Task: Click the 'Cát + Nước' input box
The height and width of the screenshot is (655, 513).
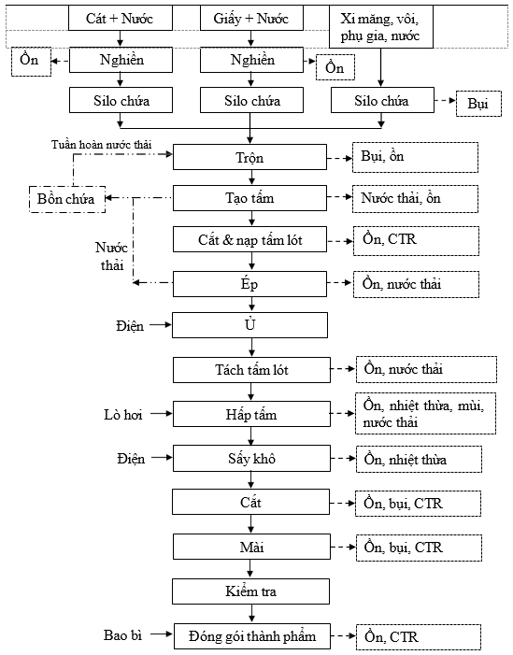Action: (121, 18)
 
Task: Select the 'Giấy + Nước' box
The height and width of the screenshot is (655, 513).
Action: (251, 18)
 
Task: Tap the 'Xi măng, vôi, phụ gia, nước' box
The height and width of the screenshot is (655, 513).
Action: (381, 27)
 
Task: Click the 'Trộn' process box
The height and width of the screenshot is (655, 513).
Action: (249, 157)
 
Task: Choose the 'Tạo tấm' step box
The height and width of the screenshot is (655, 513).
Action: (249, 198)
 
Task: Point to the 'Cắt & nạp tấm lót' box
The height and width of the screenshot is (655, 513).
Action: (249, 239)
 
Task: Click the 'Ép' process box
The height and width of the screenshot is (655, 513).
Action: (249, 284)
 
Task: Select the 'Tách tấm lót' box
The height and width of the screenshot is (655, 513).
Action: (251, 370)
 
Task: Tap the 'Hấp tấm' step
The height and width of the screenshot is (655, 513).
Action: (251, 414)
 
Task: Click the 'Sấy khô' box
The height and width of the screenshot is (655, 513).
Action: (251, 458)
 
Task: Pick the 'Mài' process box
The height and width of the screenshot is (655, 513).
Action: (251, 547)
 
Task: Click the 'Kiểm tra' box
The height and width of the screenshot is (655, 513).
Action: (250, 591)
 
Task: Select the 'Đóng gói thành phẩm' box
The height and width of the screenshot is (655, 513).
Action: (252, 636)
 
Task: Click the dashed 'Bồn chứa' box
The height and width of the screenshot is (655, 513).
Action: (67, 199)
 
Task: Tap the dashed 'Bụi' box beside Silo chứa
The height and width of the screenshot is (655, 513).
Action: (478, 103)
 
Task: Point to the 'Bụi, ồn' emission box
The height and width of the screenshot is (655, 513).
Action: (415, 157)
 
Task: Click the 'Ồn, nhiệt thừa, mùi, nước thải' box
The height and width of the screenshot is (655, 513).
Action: (425, 413)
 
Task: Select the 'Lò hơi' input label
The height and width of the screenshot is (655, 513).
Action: (122, 414)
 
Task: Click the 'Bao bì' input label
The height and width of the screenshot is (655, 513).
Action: (122, 635)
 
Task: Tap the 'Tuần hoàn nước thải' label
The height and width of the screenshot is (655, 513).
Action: (102, 145)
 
